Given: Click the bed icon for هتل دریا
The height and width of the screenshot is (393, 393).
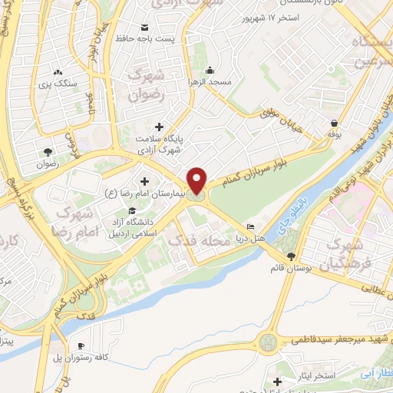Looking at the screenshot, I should (249, 227).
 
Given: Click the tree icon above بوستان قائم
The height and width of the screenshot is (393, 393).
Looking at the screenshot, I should (290, 256).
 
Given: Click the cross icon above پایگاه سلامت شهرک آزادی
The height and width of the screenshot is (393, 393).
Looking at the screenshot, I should (159, 127).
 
